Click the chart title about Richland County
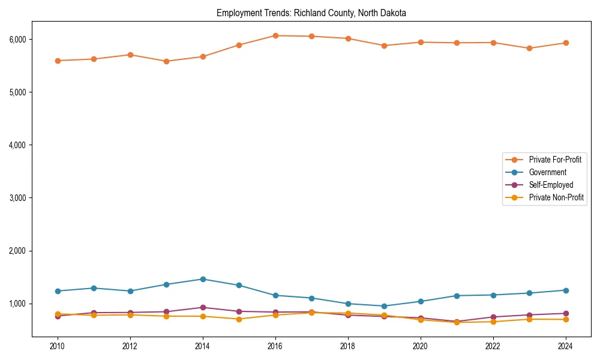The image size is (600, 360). point(311,13)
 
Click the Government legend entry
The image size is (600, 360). point(547,172)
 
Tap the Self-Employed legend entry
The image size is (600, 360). point(551,185)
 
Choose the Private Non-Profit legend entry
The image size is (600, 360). point(556,197)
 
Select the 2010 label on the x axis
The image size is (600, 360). point(58,346)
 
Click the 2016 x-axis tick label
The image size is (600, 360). point(275,346)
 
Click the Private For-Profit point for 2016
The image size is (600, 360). point(275,35)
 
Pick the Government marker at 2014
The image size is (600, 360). point(203,279)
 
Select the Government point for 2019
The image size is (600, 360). point(384,306)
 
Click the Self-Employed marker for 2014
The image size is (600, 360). point(203,307)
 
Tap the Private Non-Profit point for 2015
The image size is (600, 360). point(239,319)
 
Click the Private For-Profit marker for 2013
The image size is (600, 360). point(166,61)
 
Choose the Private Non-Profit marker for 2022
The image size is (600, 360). point(493,322)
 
